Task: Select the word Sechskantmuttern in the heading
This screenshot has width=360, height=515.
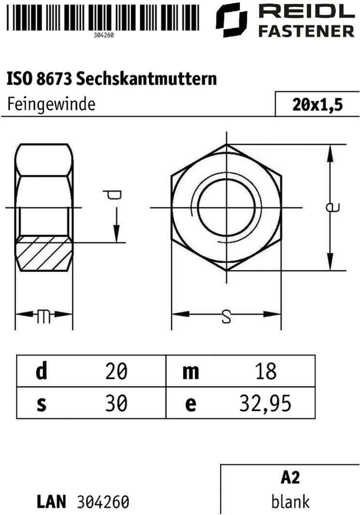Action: (x=147, y=79)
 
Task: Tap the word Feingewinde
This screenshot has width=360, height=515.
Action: (x=51, y=105)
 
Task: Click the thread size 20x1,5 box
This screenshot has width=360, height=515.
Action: (x=317, y=104)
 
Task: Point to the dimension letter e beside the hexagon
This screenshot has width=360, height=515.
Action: (x=332, y=207)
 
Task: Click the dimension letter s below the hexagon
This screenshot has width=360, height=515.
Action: (x=226, y=317)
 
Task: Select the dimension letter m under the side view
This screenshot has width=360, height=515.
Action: (x=44, y=317)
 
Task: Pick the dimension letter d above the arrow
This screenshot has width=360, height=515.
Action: (x=112, y=195)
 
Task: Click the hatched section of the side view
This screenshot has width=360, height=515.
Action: (x=45, y=253)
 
